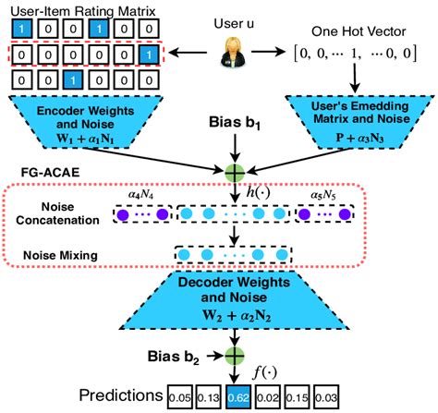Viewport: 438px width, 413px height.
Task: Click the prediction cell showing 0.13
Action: coord(212,396)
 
